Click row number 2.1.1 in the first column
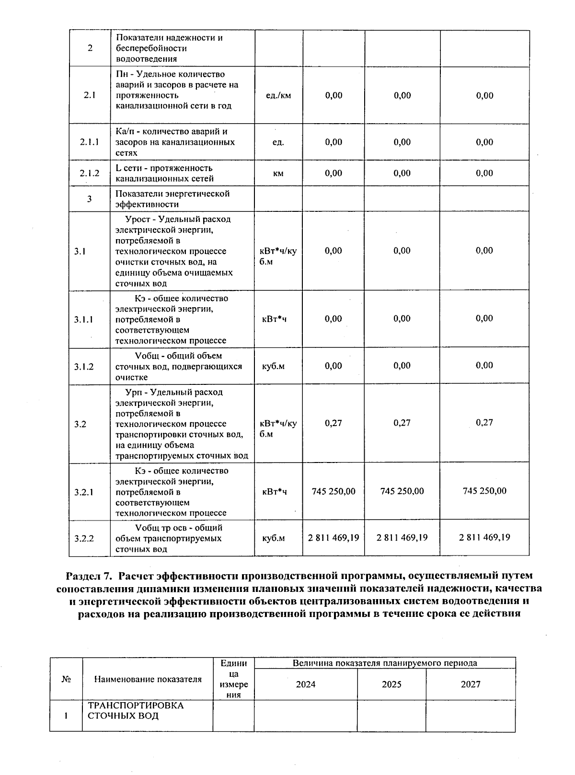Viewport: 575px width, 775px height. coord(90,142)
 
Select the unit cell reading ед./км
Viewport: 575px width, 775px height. coord(278,95)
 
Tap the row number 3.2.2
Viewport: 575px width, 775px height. coord(84,538)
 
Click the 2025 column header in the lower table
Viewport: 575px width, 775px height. coord(391,684)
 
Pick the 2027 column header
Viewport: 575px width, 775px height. coord(471,684)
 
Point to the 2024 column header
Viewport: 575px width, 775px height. coord(306,684)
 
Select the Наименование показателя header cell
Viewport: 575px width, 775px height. coord(148,679)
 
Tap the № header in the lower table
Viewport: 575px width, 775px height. coord(66,679)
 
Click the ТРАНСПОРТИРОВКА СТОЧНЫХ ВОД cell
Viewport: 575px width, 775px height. coord(136,711)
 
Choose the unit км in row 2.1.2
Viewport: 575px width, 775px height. coord(278,174)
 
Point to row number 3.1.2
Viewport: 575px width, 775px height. coord(84,367)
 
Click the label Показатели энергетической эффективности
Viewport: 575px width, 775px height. coord(172,199)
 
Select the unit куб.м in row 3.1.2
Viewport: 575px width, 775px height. coord(273,367)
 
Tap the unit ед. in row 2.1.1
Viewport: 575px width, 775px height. coord(278,142)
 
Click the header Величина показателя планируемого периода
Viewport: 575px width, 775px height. coord(385,663)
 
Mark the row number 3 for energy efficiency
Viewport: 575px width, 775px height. coord(90,199)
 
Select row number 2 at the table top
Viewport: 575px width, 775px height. coord(90,48)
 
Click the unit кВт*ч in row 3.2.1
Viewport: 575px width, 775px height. coord(275,492)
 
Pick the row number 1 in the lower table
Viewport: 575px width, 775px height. coord(66,716)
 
